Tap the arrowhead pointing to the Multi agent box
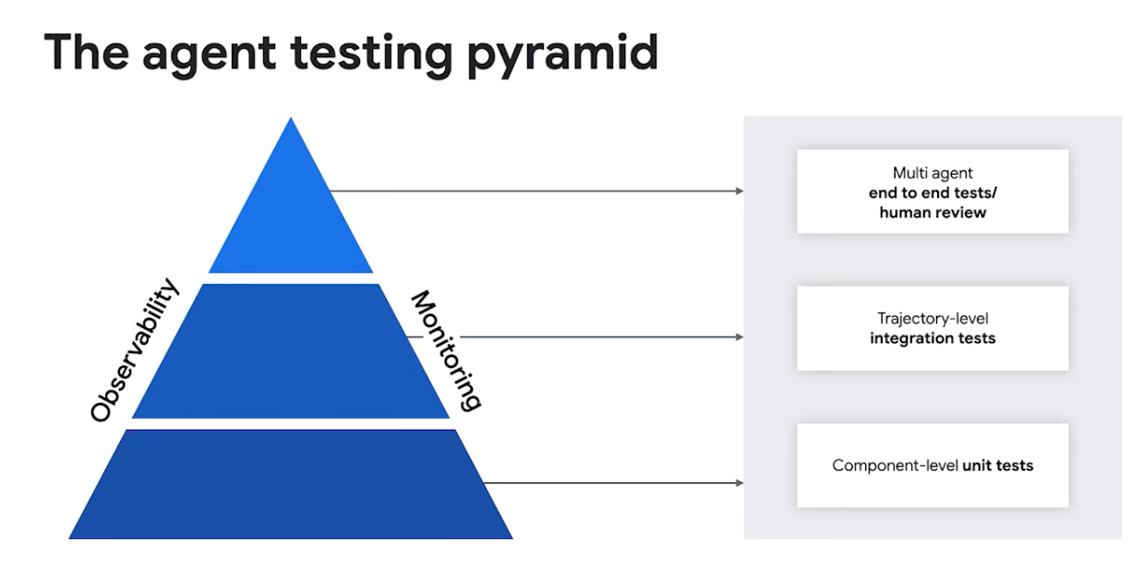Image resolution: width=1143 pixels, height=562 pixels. point(739,191)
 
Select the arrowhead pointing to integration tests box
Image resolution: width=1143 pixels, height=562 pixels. point(739,337)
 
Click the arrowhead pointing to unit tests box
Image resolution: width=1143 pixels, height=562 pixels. point(739,483)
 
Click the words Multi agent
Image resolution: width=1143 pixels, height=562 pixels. point(932,173)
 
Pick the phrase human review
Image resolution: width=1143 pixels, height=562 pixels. point(932,213)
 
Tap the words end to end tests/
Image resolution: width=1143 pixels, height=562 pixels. point(932,193)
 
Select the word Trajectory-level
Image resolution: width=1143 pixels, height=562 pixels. point(932,319)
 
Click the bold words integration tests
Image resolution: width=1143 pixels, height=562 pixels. point(932,338)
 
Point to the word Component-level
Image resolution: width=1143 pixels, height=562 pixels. point(895,465)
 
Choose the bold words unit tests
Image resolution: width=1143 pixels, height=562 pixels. point(998,465)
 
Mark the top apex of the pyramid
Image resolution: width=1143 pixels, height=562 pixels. point(291,119)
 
